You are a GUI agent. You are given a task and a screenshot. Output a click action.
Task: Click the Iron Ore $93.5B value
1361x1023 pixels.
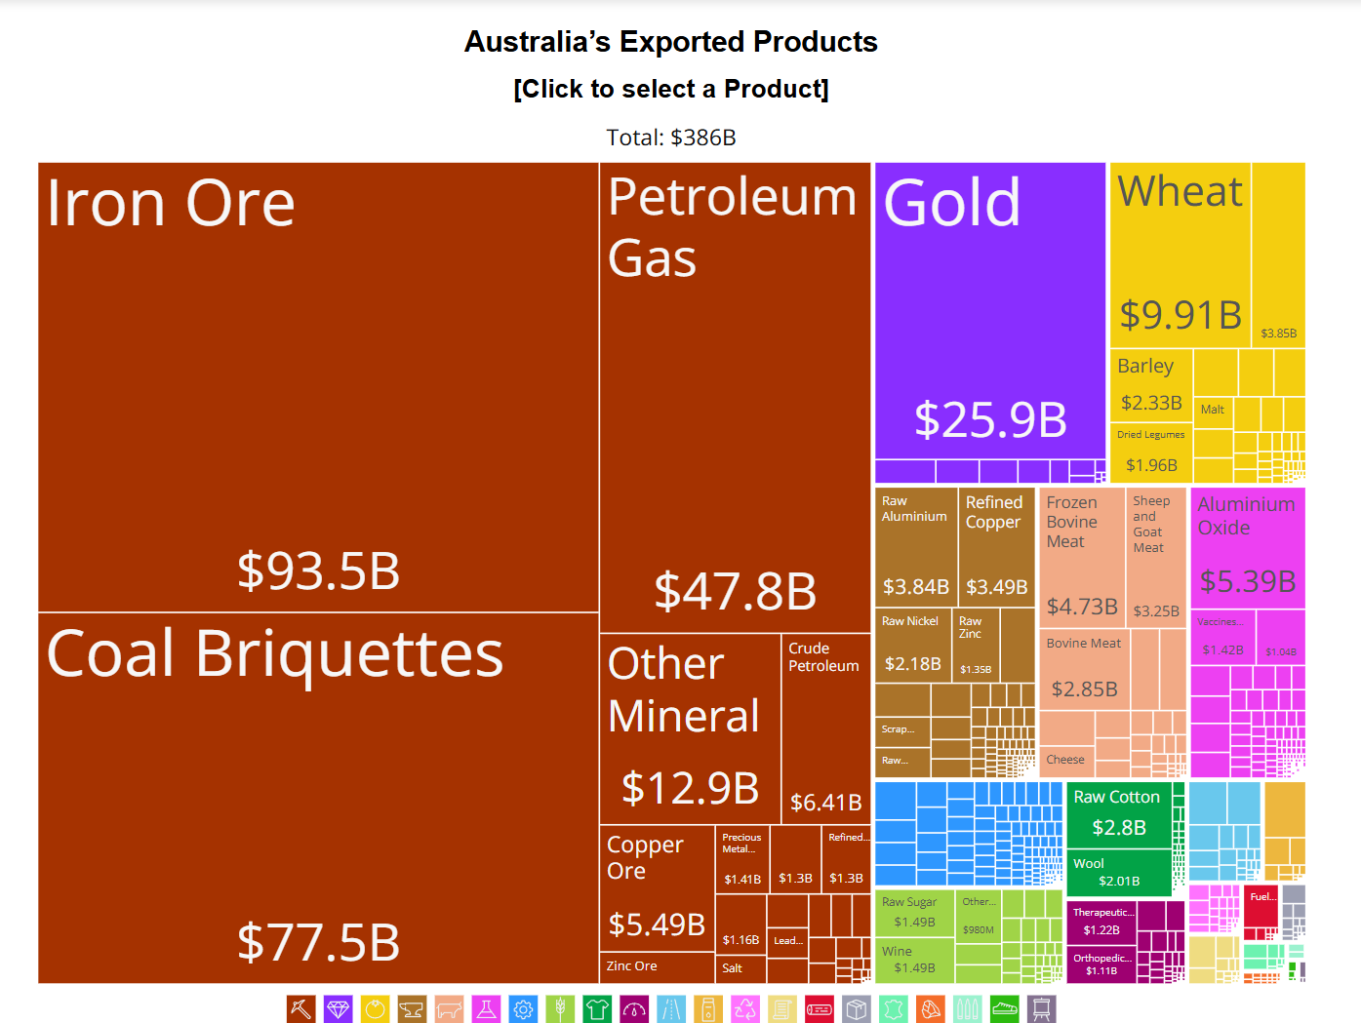click(318, 571)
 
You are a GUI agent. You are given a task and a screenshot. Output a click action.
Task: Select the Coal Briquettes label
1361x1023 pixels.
click(274, 653)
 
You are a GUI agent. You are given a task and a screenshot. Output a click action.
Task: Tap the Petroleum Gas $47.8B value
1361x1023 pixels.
click(735, 591)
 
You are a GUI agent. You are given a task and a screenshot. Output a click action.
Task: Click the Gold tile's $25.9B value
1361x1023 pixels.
click(990, 419)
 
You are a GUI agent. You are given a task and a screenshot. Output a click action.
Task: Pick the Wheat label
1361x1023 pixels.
click(1180, 191)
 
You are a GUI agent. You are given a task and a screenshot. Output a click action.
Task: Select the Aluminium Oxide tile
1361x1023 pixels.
click(1246, 546)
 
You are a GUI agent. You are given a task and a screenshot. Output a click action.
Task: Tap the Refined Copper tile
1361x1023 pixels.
click(995, 546)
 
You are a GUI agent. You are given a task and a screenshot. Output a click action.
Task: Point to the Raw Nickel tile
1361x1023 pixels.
click(912, 644)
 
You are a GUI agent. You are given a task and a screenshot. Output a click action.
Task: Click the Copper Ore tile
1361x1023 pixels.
click(656, 887)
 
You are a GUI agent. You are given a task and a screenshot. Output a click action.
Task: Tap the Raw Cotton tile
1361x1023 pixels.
click(1118, 813)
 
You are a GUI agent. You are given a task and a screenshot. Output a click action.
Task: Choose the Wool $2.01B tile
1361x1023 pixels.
click(1118, 872)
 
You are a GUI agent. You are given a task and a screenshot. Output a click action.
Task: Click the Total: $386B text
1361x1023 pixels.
click(671, 138)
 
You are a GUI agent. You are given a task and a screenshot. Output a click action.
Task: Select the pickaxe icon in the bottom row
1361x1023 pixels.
click(300, 1008)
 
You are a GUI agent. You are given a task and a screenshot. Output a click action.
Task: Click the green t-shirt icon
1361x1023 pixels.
click(597, 1008)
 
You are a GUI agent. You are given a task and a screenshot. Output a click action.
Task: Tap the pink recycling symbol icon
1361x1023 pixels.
click(745, 1008)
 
